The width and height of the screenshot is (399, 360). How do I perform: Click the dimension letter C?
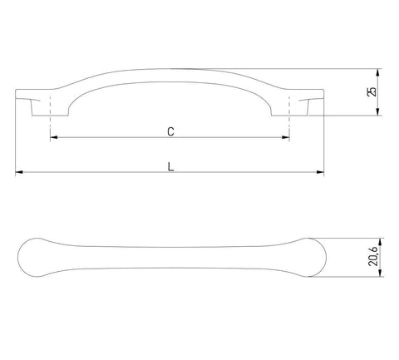point(170,131)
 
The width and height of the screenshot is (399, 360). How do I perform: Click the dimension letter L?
point(171,166)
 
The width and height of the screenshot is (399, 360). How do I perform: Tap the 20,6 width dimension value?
point(372,257)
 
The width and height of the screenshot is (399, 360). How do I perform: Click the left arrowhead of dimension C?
point(54,137)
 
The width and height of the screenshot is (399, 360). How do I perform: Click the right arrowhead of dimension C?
point(286,137)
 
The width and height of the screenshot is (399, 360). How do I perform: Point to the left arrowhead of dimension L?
point(19,172)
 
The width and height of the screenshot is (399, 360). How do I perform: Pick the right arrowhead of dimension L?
point(320,172)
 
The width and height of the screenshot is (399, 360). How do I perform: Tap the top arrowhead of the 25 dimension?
point(377,72)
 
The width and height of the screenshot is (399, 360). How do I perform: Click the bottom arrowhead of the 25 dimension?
point(377,111)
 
